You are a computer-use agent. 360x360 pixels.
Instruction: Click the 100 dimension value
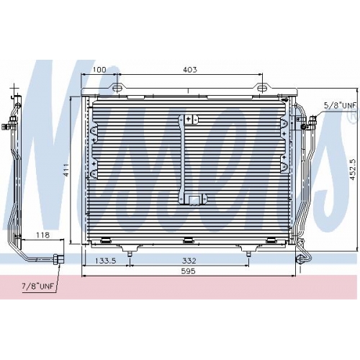99,70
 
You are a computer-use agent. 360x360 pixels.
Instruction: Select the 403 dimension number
190,70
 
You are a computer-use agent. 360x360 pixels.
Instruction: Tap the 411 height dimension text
66,170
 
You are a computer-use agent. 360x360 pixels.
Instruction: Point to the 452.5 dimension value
353,170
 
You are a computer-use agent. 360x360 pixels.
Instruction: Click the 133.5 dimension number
106,261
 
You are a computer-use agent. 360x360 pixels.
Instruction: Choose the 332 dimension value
189,261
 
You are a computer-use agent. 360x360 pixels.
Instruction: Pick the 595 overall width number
189,271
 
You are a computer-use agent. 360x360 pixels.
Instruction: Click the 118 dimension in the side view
42,235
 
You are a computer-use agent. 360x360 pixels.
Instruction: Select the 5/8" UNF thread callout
340,105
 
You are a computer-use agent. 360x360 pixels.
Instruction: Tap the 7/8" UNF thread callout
37,286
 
